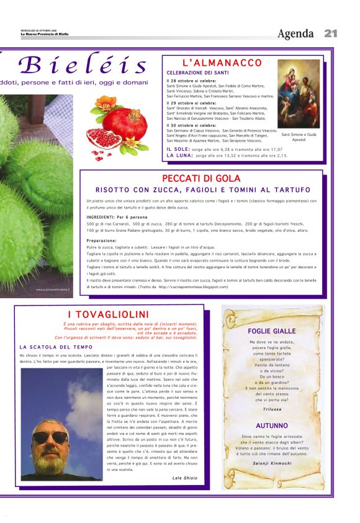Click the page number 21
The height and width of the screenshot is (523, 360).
tap(330, 34)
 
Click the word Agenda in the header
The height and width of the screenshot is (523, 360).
tap(295, 34)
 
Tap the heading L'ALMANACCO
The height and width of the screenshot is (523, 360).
tap(222, 63)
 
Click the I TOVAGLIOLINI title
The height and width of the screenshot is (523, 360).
tap(109, 315)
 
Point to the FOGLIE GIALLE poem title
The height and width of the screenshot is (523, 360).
tap(272, 331)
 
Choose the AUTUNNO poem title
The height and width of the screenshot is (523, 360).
tap(272, 426)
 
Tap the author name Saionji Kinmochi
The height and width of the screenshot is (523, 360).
tap(272, 463)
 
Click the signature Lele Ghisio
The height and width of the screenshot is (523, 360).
tap(186, 478)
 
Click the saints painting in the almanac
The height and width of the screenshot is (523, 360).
tap(299, 93)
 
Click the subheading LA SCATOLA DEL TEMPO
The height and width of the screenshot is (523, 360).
tap(56, 347)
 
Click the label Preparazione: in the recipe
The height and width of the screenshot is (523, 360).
tap(102, 240)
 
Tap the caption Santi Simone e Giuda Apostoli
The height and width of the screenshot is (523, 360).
tap(299, 137)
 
